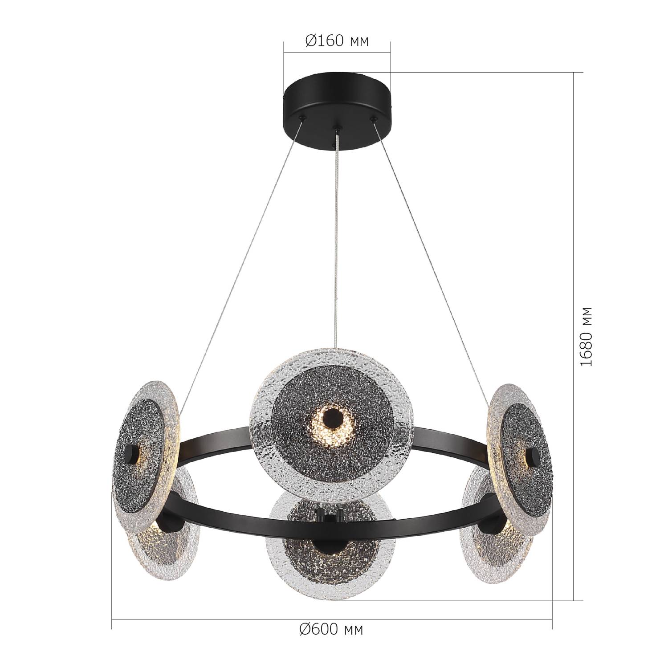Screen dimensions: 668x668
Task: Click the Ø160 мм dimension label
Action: (337, 41)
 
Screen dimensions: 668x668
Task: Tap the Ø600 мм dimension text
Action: (331, 629)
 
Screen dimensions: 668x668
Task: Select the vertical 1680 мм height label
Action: (587, 336)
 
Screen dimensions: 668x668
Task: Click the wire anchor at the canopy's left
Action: (303, 118)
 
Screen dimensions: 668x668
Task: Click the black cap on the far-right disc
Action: (532, 457)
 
